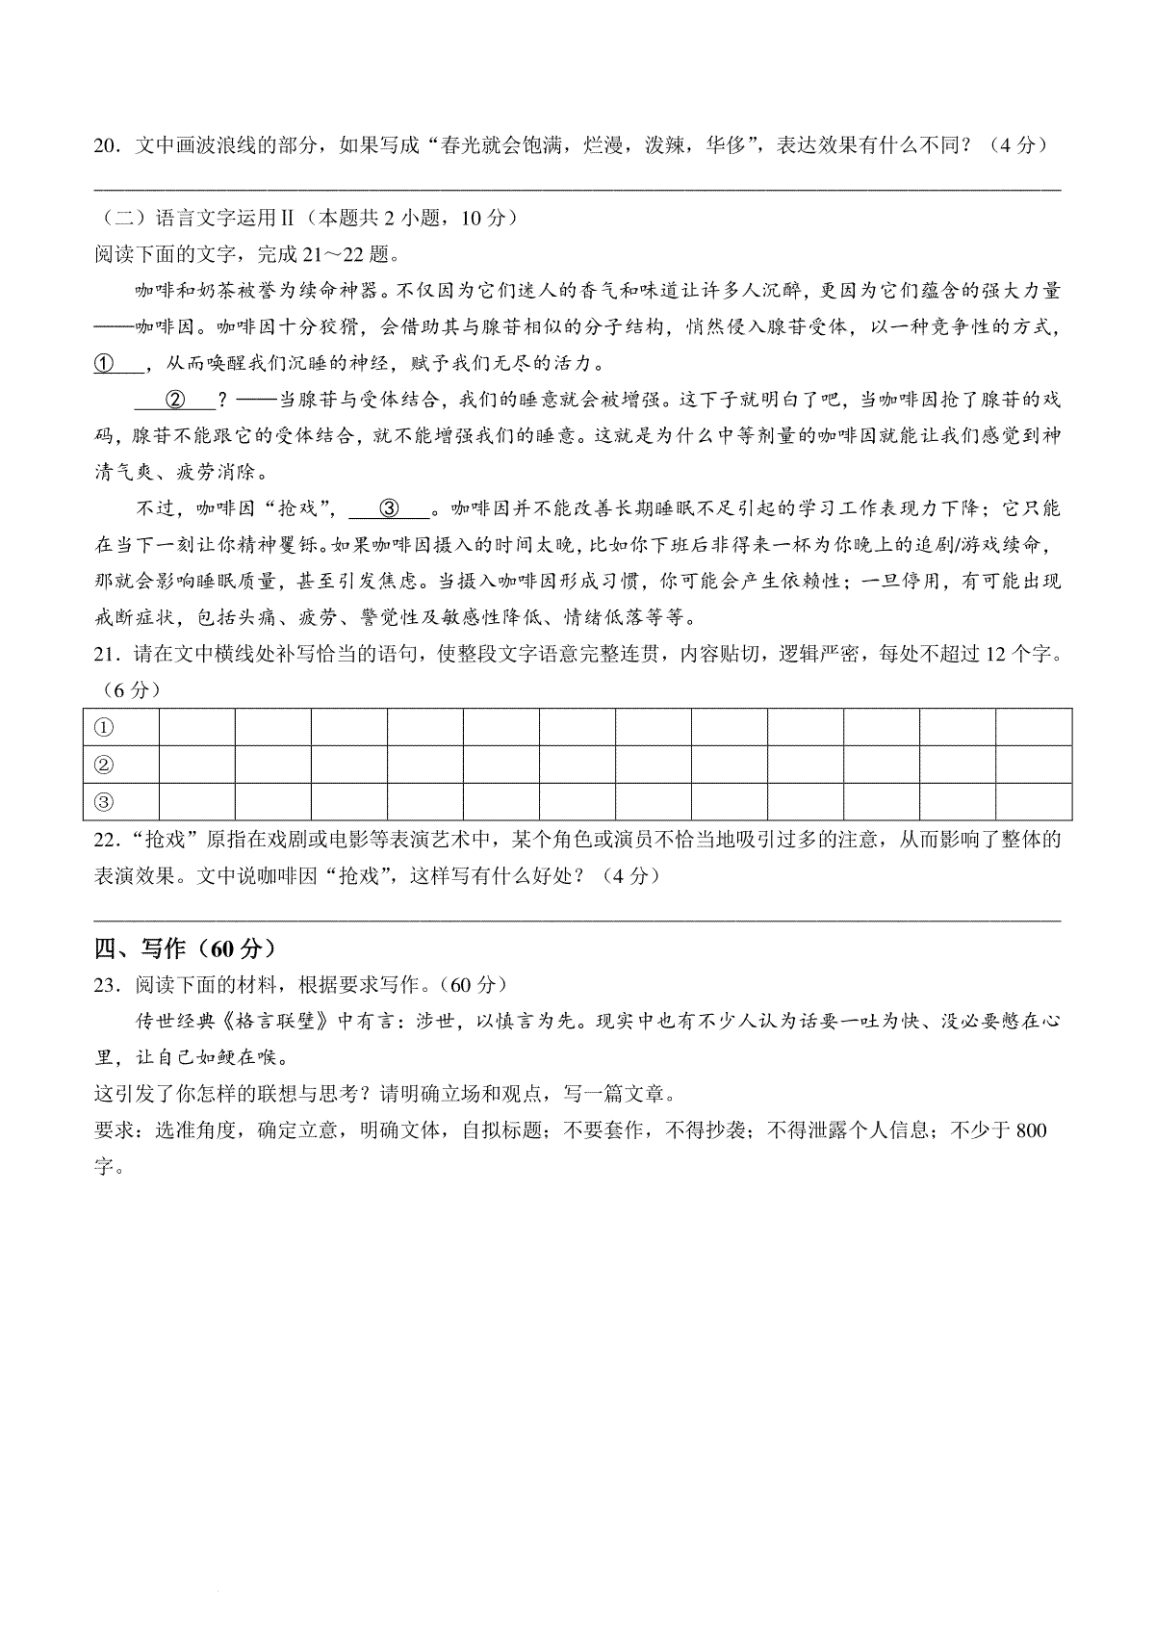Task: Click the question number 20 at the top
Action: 105,145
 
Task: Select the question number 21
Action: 105,654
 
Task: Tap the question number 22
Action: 105,839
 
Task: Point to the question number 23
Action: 105,984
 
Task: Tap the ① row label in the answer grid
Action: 104,727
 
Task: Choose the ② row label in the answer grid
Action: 104,765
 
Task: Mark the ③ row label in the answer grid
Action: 104,801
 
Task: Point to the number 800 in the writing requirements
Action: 1030,1130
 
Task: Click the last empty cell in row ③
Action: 1034,801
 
